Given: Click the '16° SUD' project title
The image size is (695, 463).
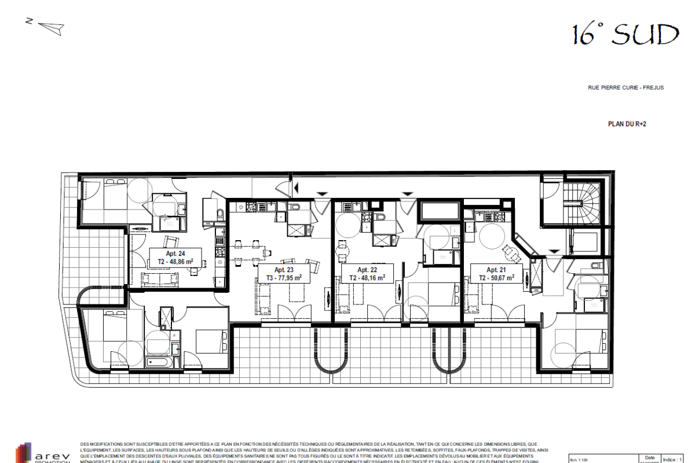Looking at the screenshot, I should [625, 35].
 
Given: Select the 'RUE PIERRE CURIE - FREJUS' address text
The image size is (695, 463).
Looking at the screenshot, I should [625, 88].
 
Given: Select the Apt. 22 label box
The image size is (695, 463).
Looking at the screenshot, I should [367, 273].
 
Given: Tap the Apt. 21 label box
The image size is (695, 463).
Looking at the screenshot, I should [496, 273].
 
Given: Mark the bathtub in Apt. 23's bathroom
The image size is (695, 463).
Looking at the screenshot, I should [158, 363].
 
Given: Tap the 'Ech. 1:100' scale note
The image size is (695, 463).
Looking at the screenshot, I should [582, 458].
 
